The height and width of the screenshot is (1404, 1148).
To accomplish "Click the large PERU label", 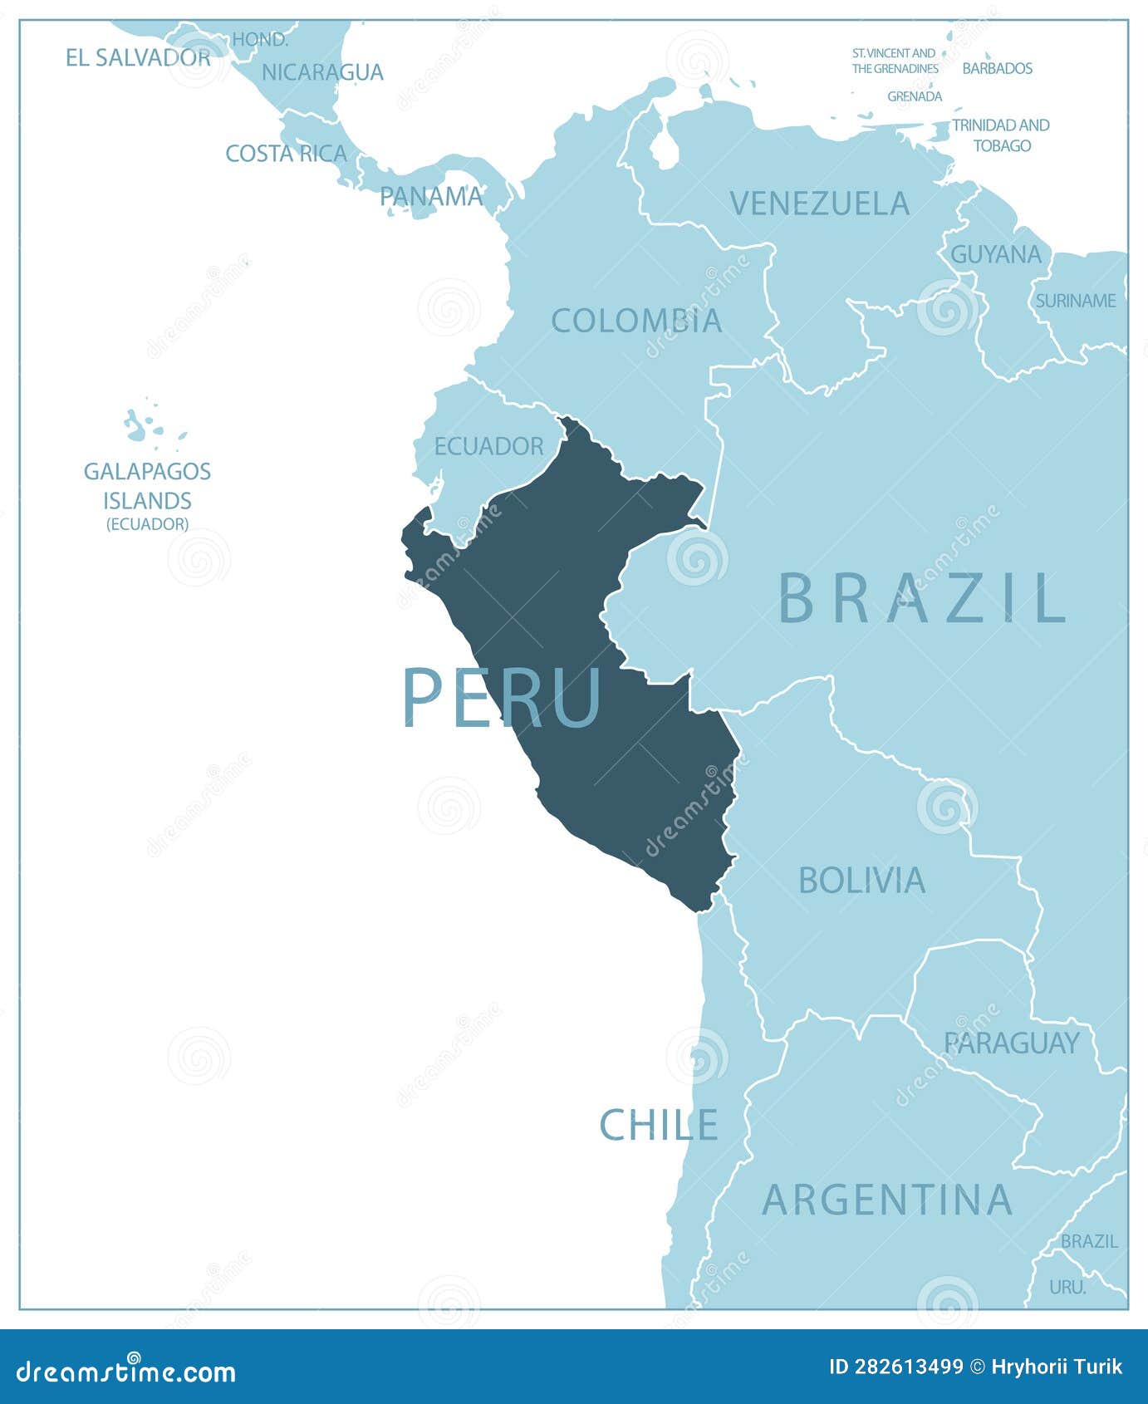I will pos(502,698).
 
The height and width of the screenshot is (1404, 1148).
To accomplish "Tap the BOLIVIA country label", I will pos(861,881).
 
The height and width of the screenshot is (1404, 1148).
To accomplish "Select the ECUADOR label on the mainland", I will pos(488,446).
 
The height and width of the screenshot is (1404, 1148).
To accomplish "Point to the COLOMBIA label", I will pos(636,321).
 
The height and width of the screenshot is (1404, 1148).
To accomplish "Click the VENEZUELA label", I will pos(819,204).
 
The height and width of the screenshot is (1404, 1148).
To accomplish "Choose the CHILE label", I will pos(659,1126).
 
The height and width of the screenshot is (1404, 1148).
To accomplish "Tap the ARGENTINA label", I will pos(887,1200).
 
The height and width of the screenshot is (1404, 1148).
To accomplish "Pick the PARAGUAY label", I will pos(1011,1043).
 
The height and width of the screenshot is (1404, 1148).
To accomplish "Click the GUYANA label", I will pos(995,254).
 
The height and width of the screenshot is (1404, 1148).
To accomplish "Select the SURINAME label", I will pos(1075,301).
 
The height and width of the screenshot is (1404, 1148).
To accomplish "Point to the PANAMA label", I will pos(431,196).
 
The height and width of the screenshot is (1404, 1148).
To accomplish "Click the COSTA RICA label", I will pos(286,154).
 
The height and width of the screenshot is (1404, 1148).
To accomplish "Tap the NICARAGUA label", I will pos(322,72).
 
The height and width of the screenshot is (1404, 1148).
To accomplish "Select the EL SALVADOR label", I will pos(138,57).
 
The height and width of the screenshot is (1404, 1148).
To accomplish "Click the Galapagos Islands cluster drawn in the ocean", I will pos(145,425).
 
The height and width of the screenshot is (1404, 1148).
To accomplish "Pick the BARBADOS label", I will pos(997,68).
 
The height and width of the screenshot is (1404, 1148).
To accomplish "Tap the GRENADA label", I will pos(915,96).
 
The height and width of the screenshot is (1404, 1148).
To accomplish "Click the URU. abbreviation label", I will pos(1067,1287).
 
